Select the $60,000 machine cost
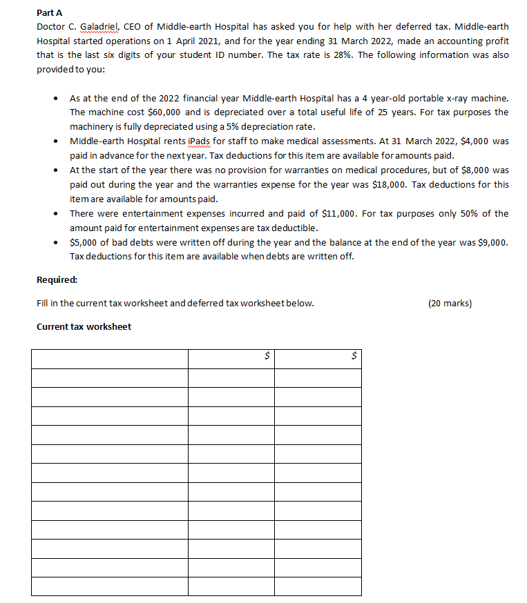pos(165,112)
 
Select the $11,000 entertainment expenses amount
pos(339,213)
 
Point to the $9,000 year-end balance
pos(495,242)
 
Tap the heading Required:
pos(57,279)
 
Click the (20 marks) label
pos(450,303)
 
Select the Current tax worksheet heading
pos(83,326)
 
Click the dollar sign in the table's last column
pos(354,357)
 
